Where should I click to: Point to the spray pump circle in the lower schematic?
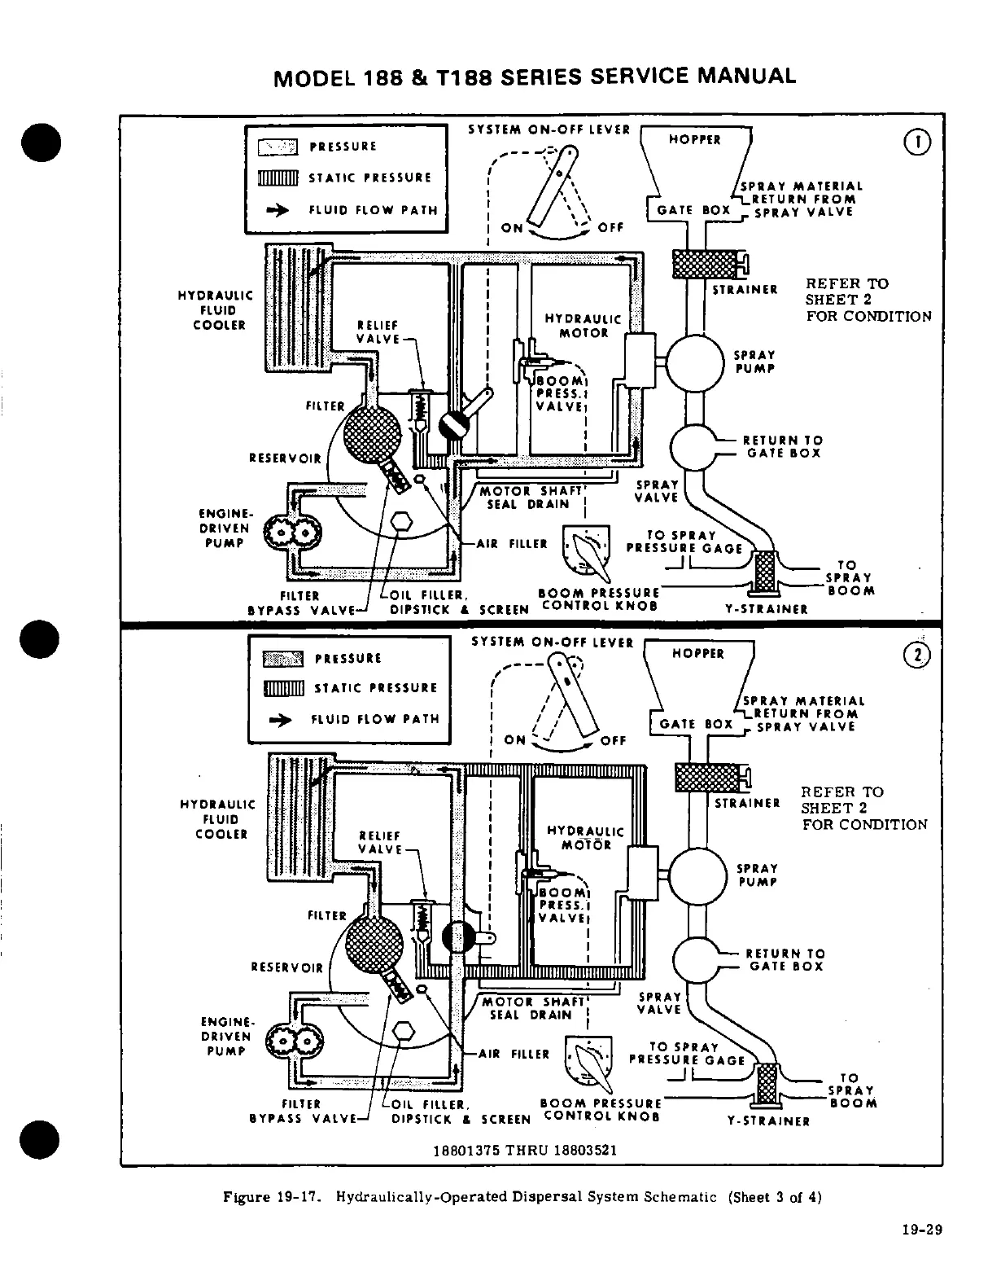pyautogui.click(x=697, y=876)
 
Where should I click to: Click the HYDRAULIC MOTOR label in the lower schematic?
pyautogui.click(x=585, y=838)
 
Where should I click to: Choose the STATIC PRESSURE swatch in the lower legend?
pyautogui.click(x=284, y=689)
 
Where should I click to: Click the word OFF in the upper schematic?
pyautogui.click(x=610, y=228)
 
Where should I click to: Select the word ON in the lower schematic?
pyautogui.click(x=515, y=739)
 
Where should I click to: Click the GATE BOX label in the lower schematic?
pyautogui.click(x=697, y=724)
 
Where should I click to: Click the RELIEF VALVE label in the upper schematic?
pyautogui.click(x=378, y=331)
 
